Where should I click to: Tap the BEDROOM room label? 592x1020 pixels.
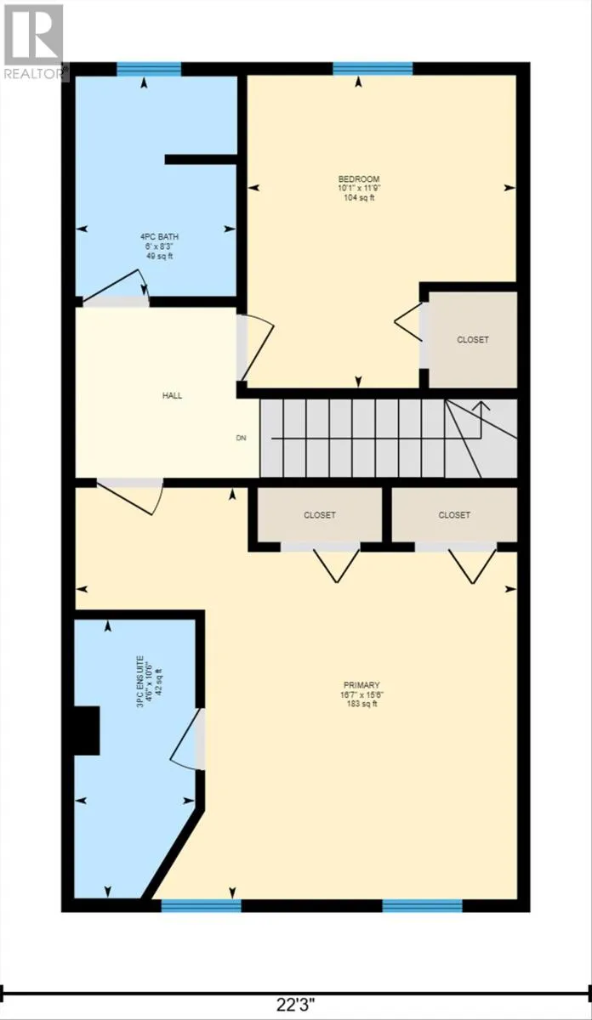point(358,178)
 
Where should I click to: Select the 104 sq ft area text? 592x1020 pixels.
point(358,198)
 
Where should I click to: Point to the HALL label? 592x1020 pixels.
point(172,395)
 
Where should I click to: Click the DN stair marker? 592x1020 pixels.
point(241,439)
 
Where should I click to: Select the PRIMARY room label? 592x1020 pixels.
point(361,685)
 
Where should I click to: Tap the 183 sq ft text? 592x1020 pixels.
point(361,705)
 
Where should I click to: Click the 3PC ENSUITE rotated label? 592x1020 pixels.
point(150,679)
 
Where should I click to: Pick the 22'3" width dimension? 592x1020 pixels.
point(296,1005)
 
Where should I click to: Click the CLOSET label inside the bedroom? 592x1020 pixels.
point(473,339)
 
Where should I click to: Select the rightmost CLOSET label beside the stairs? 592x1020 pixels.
point(454,515)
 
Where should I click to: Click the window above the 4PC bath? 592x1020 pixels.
point(149,69)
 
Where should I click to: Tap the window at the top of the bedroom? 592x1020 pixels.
point(373,69)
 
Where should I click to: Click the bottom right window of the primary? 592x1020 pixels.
point(422,905)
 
